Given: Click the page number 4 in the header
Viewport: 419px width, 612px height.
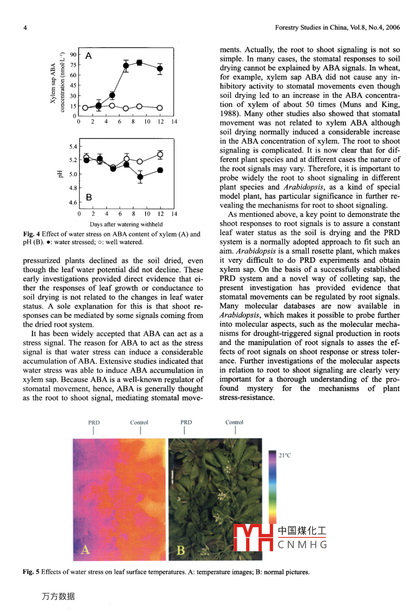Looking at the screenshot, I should [x=25, y=28].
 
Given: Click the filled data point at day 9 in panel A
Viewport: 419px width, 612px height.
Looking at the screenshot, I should [x=139, y=63].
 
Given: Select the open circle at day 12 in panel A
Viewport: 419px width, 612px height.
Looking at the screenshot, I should [x=159, y=108].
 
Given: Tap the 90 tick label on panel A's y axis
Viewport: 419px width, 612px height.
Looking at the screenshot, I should [x=73, y=55].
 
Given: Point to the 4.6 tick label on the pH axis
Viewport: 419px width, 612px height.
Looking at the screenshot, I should [x=73, y=203].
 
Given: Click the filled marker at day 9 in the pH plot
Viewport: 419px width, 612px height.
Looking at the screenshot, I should [x=140, y=177].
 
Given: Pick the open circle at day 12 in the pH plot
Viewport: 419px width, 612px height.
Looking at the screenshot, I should [x=160, y=155].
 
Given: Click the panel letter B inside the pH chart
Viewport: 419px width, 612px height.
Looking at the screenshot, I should [x=89, y=198].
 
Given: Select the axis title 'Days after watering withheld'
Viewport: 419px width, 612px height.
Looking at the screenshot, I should [x=126, y=224].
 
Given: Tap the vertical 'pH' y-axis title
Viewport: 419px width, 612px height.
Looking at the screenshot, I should [x=60, y=174].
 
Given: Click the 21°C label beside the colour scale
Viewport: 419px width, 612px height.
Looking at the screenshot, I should [x=285, y=455].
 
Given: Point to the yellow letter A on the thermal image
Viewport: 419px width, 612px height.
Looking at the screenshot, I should [x=85, y=550].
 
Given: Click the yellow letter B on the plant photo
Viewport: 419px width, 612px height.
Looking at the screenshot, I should [x=181, y=550].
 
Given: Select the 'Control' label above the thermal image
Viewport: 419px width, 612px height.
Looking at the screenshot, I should [x=139, y=422].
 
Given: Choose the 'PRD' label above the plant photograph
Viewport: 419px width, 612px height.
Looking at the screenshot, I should [x=186, y=422].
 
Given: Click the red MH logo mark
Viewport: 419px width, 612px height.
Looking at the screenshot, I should [x=253, y=538].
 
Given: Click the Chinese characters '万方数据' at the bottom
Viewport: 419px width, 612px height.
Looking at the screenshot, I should [x=58, y=596].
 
